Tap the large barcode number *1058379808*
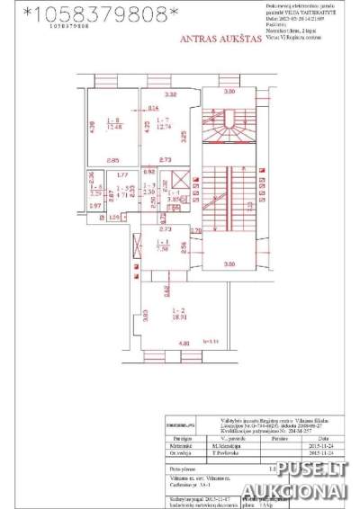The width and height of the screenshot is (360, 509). (99, 13)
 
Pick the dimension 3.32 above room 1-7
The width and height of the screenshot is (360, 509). (171, 94)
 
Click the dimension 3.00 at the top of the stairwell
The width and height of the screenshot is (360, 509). (229, 92)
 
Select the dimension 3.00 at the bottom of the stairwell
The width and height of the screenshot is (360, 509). (229, 263)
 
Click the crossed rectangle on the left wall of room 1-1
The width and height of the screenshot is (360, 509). (136, 246)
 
